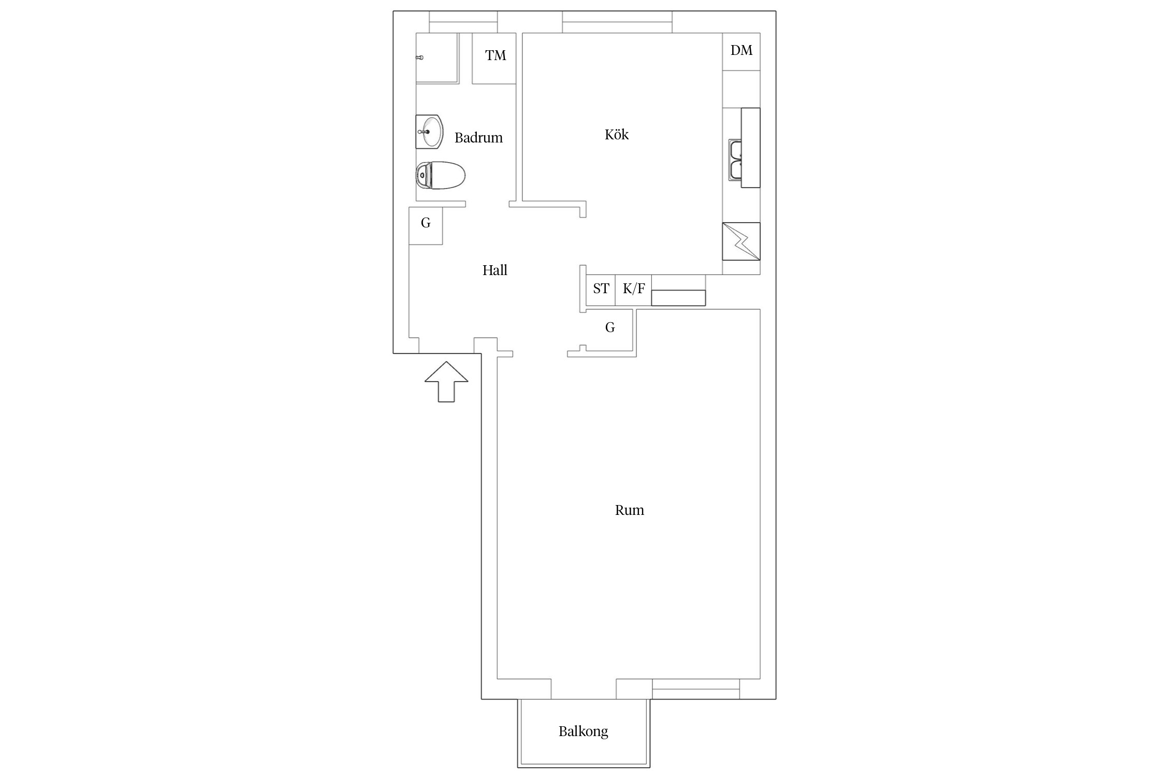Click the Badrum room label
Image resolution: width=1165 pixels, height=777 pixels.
(x=478, y=138)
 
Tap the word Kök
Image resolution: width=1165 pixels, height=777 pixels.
(x=616, y=135)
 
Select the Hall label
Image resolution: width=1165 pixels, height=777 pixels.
(x=494, y=270)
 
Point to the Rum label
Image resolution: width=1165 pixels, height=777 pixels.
(x=629, y=510)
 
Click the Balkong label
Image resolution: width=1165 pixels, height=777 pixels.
(x=583, y=731)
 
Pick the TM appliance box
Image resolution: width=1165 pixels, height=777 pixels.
(x=494, y=58)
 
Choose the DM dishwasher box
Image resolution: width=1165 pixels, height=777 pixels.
(x=741, y=52)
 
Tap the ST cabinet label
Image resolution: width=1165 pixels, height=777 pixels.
(x=601, y=289)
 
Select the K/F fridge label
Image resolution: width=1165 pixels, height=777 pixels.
(x=634, y=289)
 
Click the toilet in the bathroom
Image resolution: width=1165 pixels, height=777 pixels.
(x=440, y=175)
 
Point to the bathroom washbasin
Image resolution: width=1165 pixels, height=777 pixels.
(x=429, y=132)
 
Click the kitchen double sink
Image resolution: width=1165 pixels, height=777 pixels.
(x=735, y=160)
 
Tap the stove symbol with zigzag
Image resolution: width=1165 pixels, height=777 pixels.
(x=741, y=241)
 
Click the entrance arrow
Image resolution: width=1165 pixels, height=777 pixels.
(x=446, y=382)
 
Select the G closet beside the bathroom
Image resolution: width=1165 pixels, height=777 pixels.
(x=426, y=226)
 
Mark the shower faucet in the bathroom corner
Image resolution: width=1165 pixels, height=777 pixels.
(x=420, y=57)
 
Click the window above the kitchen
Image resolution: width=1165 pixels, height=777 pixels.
(x=617, y=22)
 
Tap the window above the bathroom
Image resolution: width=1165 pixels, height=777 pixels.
(x=463, y=22)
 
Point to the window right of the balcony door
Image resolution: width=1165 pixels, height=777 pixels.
(x=696, y=689)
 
